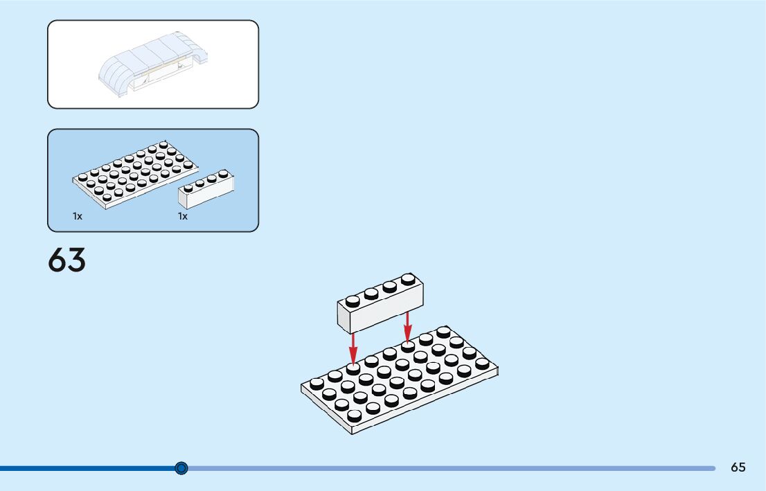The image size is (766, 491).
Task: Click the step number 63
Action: (x=67, y=260)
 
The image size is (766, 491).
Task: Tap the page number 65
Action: (x=738, y=467)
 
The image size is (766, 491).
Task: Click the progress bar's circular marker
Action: (x=181, y=468)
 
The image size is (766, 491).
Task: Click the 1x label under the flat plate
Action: (x=78, y=216)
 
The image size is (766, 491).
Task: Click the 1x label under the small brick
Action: (x=183, y=216)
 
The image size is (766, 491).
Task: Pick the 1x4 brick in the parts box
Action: (x=206, y=189)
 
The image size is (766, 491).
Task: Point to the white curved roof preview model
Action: (x=153, y=63)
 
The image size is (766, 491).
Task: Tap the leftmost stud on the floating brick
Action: (x=353, y=301)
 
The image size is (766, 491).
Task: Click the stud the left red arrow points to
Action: (x=353, y=368)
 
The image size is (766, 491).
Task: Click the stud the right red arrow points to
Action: (x=408, y=345)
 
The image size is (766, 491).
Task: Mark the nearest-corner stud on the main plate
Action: (x=355, y=415)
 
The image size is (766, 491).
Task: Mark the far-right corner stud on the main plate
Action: (x=482, y=363)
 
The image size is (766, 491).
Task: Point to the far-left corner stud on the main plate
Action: (x=317, y=382)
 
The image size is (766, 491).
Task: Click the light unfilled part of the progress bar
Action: (x=450, y=468)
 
